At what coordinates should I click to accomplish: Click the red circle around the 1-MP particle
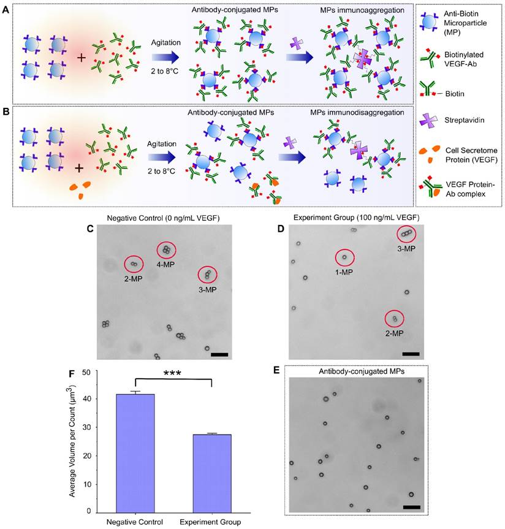click(x=344, y=258)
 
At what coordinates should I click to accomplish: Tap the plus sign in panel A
click(x=81, y=58)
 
